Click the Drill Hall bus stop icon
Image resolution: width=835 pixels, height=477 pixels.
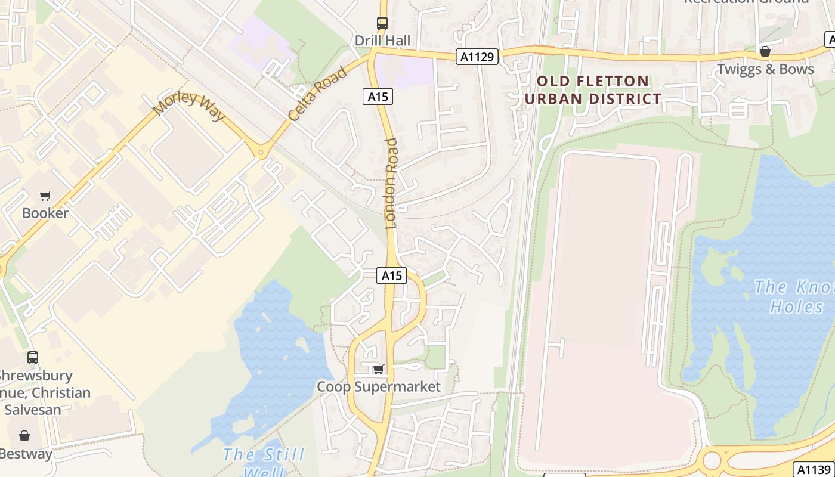coord(382,23)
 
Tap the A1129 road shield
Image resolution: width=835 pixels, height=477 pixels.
coord(477,57)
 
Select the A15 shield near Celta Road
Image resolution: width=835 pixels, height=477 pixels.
coord(378,96)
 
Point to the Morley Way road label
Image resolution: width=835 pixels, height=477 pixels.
coord(188,106)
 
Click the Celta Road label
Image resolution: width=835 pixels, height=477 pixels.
coord(317,95)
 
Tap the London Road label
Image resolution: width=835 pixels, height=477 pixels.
coord(391,183)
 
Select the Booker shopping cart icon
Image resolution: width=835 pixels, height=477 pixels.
coord(45,196)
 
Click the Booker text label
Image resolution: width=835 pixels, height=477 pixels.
coord(45,213)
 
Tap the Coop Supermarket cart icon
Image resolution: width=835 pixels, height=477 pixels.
coord(378,370)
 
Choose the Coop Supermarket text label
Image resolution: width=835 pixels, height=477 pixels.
coord(379,386)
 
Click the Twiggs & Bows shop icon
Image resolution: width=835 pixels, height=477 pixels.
coord(765,52)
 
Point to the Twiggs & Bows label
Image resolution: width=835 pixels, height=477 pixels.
coord(765,69)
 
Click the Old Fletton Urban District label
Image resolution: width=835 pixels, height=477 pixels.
coord(593,90)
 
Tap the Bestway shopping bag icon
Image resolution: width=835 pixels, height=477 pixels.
coord(24,436)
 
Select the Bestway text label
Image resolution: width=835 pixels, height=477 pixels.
coord(26,454)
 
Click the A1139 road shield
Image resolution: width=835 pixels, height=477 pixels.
coord(814,469)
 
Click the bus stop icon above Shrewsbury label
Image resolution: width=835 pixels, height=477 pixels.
coord(33,358)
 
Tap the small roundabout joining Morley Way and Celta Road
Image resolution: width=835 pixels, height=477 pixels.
coord(261,153)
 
